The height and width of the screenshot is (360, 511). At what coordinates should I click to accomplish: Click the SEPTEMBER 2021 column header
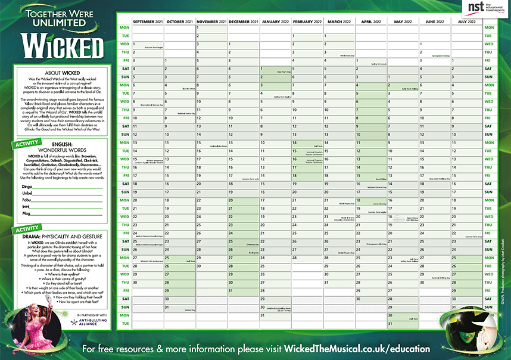click(147, 21)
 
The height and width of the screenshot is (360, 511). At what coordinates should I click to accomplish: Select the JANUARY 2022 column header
click(276, 21)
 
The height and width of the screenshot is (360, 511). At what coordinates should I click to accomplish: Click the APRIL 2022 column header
click(371, 21)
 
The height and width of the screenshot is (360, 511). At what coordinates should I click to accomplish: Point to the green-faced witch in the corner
click(470, 327)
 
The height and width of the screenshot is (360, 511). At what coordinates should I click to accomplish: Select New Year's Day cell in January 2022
click(276, 69)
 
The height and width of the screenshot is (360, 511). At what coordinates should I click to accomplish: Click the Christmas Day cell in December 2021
click(243, 243)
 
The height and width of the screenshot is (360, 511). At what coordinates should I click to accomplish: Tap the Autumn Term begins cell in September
click(147, 44)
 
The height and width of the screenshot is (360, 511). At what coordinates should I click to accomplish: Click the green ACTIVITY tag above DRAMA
click(27, 229)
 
